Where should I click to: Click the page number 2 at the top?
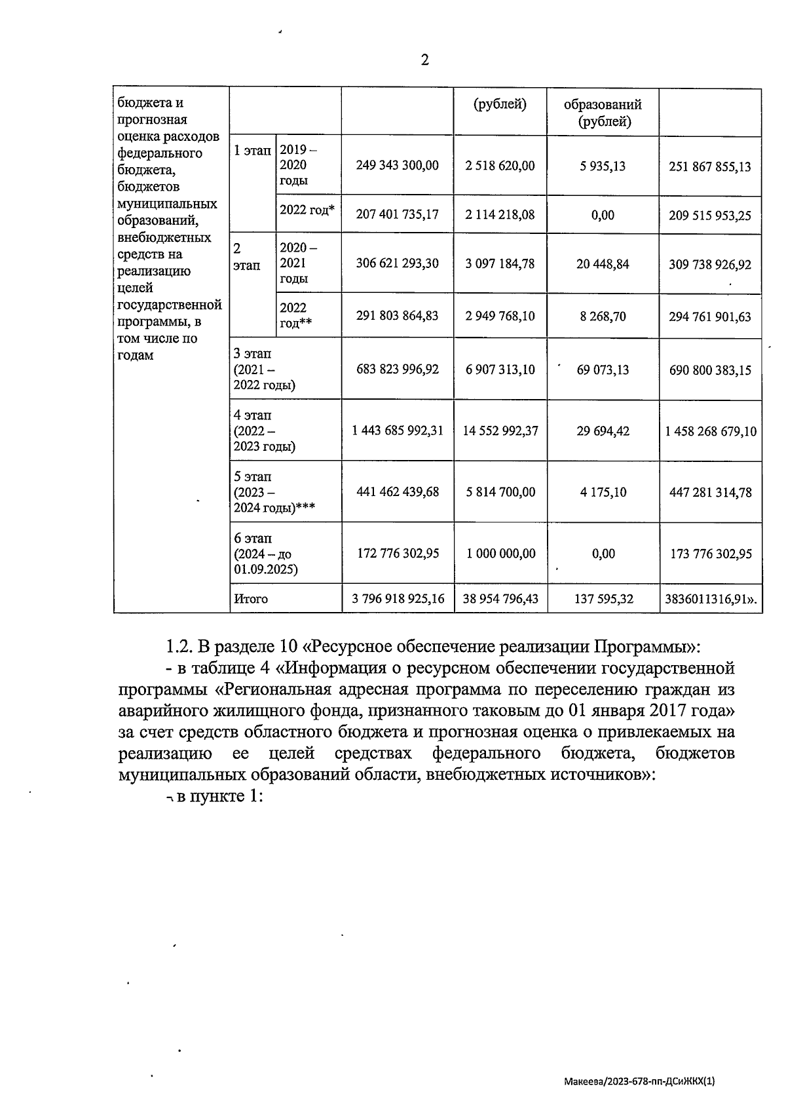[x=424, y=60]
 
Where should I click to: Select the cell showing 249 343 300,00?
[x=397, y=165]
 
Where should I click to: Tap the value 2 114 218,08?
[x=500, y=214]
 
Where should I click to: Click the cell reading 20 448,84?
[x=603, y=263]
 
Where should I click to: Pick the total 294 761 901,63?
[x=709, y=316]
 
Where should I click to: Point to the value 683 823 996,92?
[x=397, y=369]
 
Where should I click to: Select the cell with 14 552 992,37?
[x=500, y=431]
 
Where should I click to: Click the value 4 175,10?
[x=603, y=491]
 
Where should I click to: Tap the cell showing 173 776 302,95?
[x=710, y=554]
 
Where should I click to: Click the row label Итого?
[x=251, y=598]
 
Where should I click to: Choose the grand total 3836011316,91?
[x=710, y=598]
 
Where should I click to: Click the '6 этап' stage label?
[x=253, y=538]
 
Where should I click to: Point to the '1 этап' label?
[x=252, y=150]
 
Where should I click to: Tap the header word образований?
[x=603, y=104]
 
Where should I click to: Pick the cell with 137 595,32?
[x=603, y=598]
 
